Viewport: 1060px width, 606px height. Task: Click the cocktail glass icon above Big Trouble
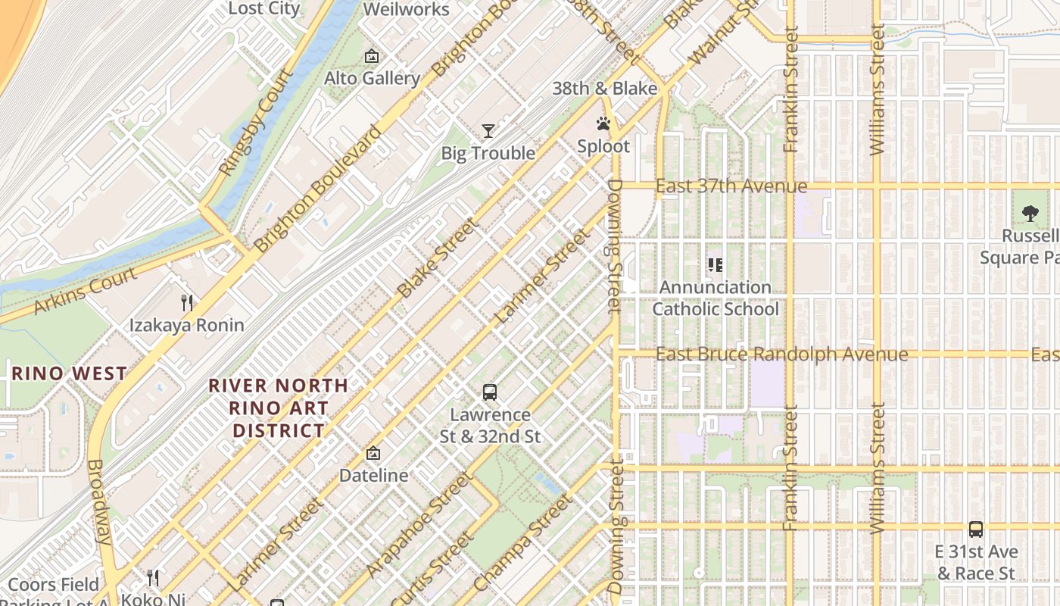(488, 131)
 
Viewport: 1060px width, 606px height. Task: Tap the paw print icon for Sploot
(603, 123)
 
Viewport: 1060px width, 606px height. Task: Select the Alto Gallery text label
(372, 78)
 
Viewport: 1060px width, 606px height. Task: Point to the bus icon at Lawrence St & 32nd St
(490, 392)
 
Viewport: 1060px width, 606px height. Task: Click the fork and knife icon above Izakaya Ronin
(187, 303)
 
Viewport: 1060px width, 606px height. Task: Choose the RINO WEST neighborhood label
(69, 373)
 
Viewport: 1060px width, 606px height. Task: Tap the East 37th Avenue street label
(731, 186)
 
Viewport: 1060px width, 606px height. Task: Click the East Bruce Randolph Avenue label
(781, 355)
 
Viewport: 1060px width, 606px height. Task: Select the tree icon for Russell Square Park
(1030, 214)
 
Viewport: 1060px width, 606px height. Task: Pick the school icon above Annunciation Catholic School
(715, 265)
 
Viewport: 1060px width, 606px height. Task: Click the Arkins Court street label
(86, 290)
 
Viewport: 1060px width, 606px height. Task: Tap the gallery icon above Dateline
(373, 453)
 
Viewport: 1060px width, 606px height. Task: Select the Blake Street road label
(438, 258)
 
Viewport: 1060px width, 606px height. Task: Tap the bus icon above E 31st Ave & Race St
(976, 529)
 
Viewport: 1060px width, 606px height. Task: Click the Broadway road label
(100, 501)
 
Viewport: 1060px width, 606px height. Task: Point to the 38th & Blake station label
(604, 89)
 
